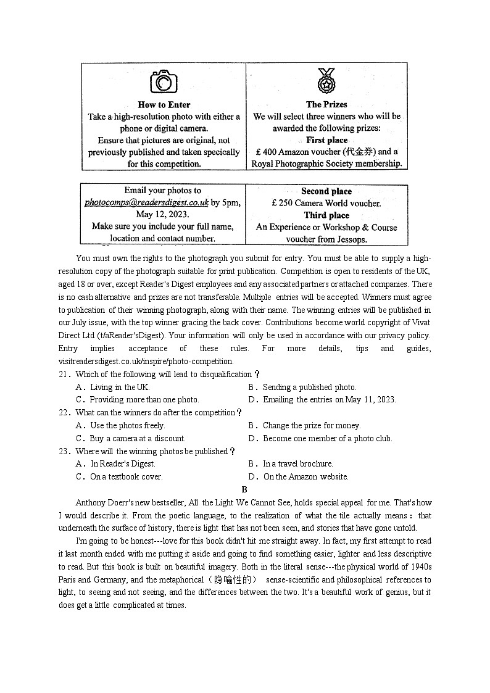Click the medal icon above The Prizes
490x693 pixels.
click(326, 80)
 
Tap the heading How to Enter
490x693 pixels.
click(164, 104)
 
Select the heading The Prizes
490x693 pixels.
click(326, 104)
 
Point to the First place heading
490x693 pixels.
click(326, 140)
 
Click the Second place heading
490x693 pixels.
click(326, 191)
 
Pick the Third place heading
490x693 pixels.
click(326, 215)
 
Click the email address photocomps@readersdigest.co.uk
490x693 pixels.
click(146, 202)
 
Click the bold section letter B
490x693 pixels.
click(244, 489)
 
